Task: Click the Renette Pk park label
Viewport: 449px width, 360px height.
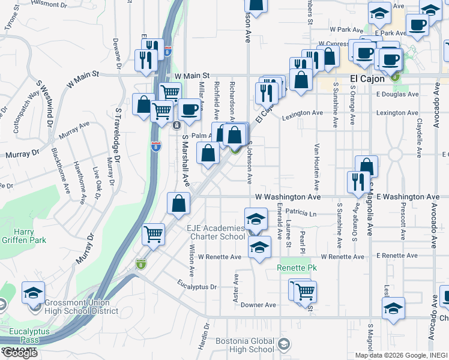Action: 292,267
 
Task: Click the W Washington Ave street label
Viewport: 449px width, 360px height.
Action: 288,196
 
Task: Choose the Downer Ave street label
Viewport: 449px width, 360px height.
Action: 258,305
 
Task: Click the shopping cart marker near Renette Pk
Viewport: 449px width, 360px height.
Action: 306,292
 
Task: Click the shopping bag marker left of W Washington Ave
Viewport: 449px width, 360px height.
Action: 179,203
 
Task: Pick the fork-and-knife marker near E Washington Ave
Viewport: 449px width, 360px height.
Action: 358,182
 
